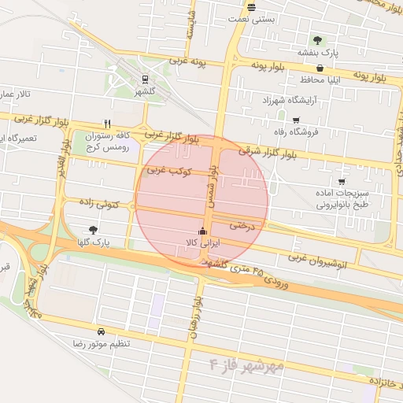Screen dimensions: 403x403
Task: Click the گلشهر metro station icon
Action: [144, 79]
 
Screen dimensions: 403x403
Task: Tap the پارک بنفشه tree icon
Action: [317, 40]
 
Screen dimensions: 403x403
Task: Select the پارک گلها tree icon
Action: [94, 230]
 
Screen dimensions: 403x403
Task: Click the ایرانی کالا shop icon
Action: [204, 231]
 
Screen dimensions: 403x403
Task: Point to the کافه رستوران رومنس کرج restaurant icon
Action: [107, 124]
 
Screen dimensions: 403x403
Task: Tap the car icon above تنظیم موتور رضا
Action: [101, 332]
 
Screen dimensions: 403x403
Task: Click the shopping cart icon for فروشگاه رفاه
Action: [296, 120]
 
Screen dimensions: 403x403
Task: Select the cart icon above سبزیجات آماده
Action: [341, 181]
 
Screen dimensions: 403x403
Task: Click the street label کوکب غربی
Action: [165, 170]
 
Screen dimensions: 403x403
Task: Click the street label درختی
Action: [244, 225]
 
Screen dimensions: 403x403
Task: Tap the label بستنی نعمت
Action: [251, 18]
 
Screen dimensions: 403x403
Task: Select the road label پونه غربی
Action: [186, 62]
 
